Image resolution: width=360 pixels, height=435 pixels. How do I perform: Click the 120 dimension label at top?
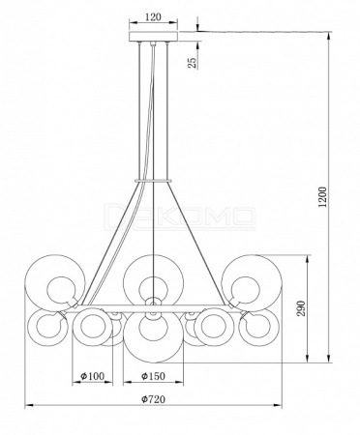tap(153, 16)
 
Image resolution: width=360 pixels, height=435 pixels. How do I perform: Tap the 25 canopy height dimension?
tap(192, 62)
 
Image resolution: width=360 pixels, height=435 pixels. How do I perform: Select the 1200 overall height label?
tap(322, 197)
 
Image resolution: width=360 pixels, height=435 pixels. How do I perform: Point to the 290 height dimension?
tap(301, 308)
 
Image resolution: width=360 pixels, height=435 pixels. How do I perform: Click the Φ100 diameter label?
tap(93, 376)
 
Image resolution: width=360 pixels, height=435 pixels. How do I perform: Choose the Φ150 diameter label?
tap(153, 376)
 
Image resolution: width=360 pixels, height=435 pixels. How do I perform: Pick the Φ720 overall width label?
tap(153, 399)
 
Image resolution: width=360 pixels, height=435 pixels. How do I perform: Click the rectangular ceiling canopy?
tap(153, 36)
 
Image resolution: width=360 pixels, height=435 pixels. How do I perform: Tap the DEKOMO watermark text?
tap(181, 216)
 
